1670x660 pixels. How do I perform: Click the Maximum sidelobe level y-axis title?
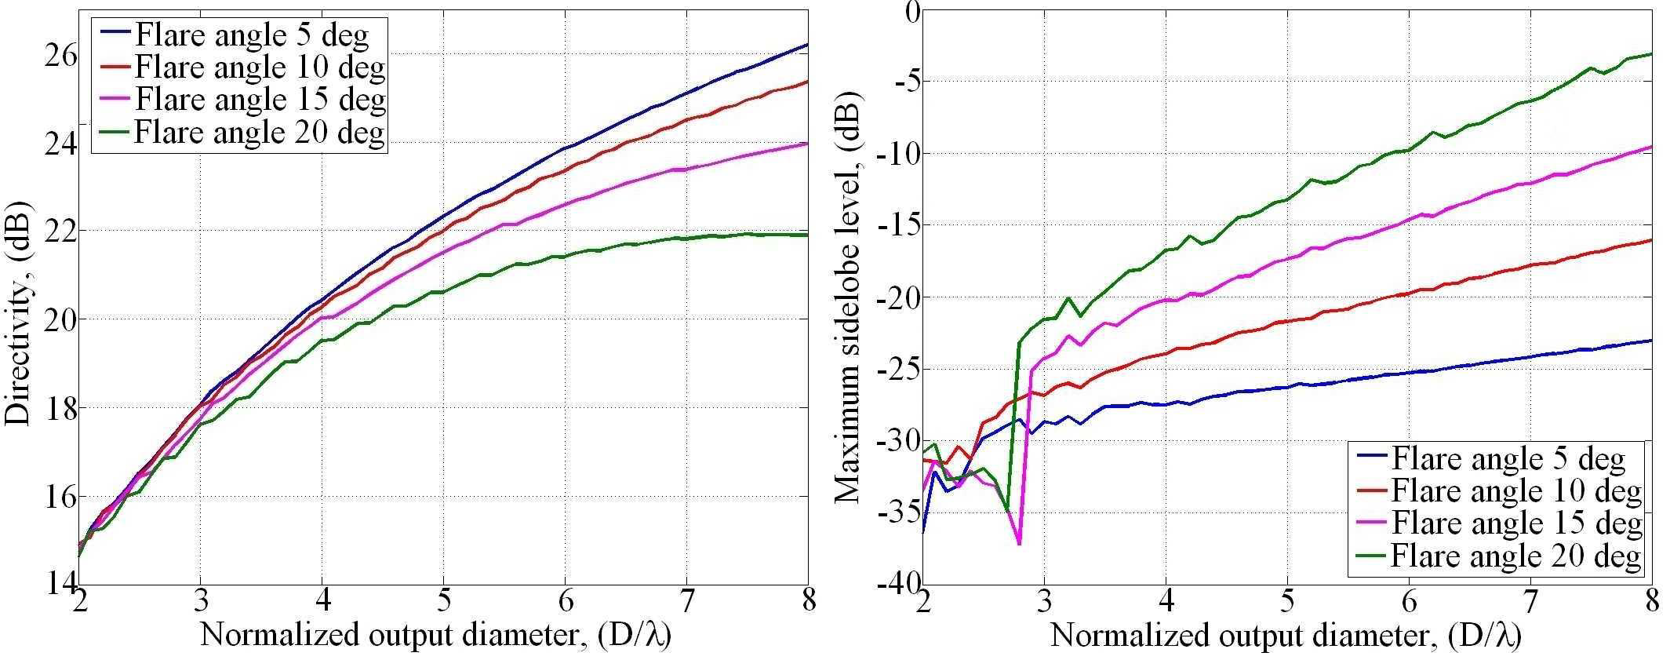click(x=847, y=297)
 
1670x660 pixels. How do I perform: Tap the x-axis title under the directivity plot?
click(x=436, y=635)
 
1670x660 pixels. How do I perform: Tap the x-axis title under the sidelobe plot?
click(x=1286, y=635)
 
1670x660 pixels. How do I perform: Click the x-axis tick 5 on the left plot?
click(x=443, y=600)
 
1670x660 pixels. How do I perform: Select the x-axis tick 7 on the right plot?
click(x=1530, y=600)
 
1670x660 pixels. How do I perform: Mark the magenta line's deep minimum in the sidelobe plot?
click(x=1019, y=544)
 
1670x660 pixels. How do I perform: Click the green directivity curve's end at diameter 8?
click(x=807, y=235)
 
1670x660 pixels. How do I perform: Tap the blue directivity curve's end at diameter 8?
click(x=807, y=45)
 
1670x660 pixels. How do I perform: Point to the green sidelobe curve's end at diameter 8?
click(x=1651, y=54)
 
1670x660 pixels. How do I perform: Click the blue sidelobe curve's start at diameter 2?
click(x=923, y=532)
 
